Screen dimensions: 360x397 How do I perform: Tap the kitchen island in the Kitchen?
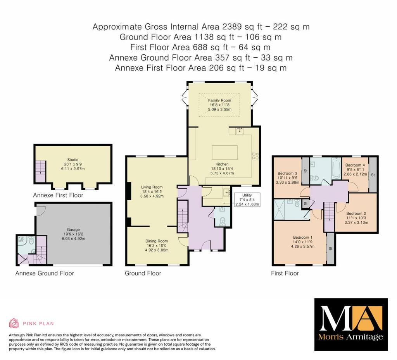(225, 151)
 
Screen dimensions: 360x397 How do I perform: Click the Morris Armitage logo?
(350, 324)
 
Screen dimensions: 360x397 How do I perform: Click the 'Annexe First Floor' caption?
(58, 195)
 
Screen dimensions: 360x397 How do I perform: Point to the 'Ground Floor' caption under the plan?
(143, 273)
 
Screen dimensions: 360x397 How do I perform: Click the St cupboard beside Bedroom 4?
(373, 175)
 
